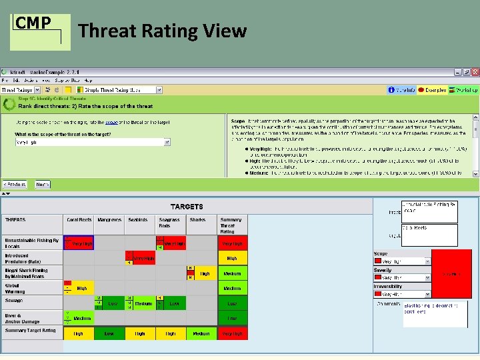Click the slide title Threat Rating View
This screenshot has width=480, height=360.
(162, 31)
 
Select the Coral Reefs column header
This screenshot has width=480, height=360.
(79, 219)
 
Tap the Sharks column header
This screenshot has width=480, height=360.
(197, 219)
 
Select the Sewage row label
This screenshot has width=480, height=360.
(32, 303)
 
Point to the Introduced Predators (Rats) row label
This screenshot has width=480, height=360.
(32, 258)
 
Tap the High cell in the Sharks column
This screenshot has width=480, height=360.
(205, 273)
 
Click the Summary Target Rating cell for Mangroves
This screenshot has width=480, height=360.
(109, 333)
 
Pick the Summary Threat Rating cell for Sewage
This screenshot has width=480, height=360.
(232, 303)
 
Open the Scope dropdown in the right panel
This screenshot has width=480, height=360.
(403, 262)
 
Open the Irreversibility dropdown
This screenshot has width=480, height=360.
(403, 294)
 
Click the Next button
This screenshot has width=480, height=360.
(41, 185)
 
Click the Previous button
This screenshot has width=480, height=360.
(15, 185)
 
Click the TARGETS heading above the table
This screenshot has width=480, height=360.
(187, 207)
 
